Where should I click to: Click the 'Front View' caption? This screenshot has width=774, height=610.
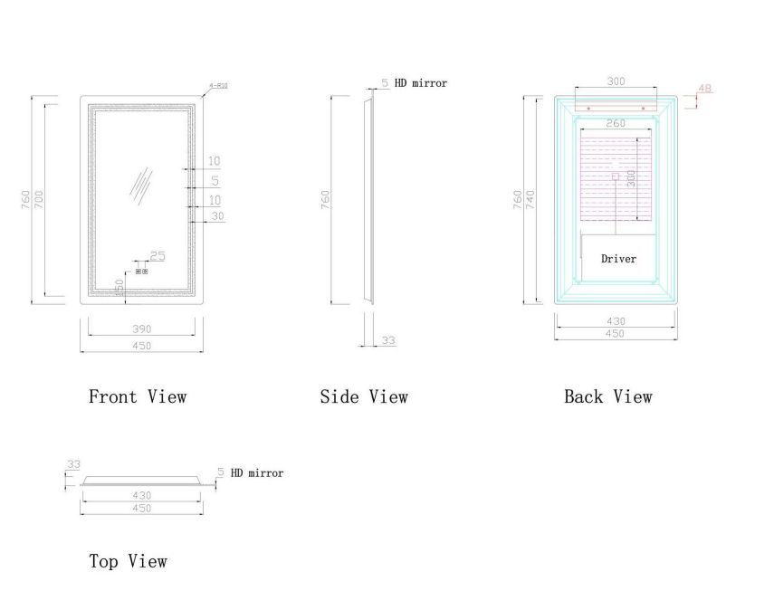pos(137,396)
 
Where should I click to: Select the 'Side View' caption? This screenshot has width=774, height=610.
pos(364,396)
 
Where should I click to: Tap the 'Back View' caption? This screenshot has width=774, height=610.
pos(607,396)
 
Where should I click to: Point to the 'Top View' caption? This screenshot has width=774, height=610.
pos(128,561)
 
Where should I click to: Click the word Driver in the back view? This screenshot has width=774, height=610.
pos(618,259)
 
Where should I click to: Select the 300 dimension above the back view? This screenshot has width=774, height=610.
pos(616,81)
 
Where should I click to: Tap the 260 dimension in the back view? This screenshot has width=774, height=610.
pos(616,123)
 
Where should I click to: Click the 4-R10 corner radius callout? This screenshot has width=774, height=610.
pos(218,85)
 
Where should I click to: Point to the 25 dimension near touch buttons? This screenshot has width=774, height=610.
pos(158,256)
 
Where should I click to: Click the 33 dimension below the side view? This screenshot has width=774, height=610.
pos(387,340)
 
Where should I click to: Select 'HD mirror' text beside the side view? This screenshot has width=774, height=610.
pos(420,83)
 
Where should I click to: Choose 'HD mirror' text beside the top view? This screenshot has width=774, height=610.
pos(257,472)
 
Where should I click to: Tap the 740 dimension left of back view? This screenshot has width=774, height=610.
pos(532,198)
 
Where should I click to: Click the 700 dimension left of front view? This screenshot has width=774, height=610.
pos(39,198)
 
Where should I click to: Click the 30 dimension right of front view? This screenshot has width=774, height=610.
pos(216,216)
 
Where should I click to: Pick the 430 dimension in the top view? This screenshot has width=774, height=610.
pos(141,495)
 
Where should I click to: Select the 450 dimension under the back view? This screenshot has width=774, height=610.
pos(615,334)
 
